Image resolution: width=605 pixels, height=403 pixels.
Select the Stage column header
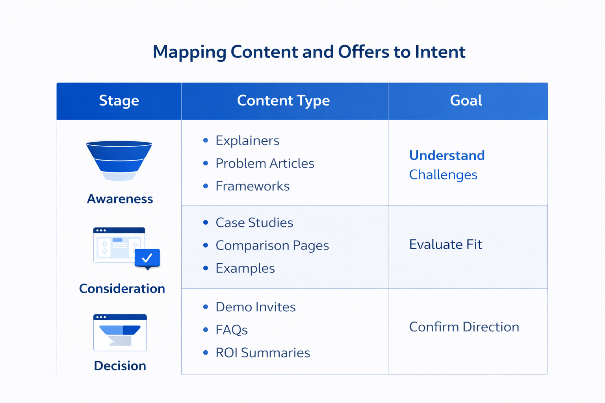[x=119, y=101]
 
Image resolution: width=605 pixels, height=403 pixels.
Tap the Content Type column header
[x=283, y=101]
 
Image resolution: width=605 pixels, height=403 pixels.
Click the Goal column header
[x=466, y=101]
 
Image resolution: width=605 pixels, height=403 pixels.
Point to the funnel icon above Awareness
[x=119, y=160]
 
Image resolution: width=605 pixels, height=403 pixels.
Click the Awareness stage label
[x=120, y=199]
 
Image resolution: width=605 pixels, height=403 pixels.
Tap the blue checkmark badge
[x=147, y=258]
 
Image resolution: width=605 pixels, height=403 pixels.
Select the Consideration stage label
[x=122, y=288]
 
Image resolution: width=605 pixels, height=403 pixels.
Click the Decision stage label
[x=120, y=366]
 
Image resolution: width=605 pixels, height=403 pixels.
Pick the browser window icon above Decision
[x=120, y=332]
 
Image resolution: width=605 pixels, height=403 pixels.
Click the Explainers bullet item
[x=247, y=140]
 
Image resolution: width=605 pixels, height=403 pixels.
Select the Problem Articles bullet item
[x=265, y=163]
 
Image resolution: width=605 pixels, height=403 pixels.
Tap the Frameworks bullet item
[x=252, y=186]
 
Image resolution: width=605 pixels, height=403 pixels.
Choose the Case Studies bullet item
[x=254, y=223]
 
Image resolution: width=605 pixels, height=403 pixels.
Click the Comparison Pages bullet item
[x=272, y=246]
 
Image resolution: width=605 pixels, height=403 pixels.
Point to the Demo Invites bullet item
[x=255, y=307]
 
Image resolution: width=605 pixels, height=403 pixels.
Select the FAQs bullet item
[x=232, y=330]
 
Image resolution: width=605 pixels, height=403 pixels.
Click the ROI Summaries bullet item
[x=263, y=353]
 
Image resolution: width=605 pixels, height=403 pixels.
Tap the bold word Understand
[x=447, y=155]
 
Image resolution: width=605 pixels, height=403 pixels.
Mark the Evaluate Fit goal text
[x=445, y=244]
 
